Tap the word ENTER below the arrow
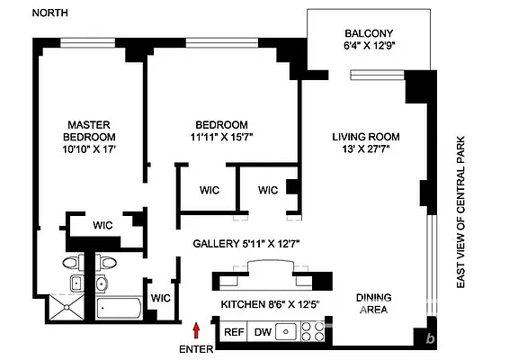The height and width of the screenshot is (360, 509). click(197, 348)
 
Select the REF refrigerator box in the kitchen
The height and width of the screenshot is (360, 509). click(234, 332)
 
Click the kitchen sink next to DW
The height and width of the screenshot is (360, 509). click(287, 332)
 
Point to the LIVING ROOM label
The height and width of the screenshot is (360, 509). click(365, 137)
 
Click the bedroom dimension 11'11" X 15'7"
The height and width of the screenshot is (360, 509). click(221, 138)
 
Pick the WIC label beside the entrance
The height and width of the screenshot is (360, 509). click(161, 297)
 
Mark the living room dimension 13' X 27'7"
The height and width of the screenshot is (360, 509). click(365, 150)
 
